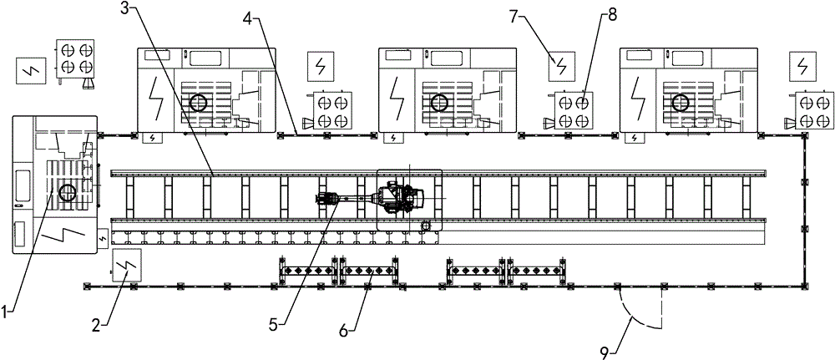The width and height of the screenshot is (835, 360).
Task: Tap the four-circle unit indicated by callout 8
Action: click(576, 112)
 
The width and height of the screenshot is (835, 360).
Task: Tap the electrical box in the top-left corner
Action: click(31, 72)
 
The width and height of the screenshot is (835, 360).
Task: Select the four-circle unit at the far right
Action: click(812, 112)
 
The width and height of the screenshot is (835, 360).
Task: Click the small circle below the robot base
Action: click(425, 226)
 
